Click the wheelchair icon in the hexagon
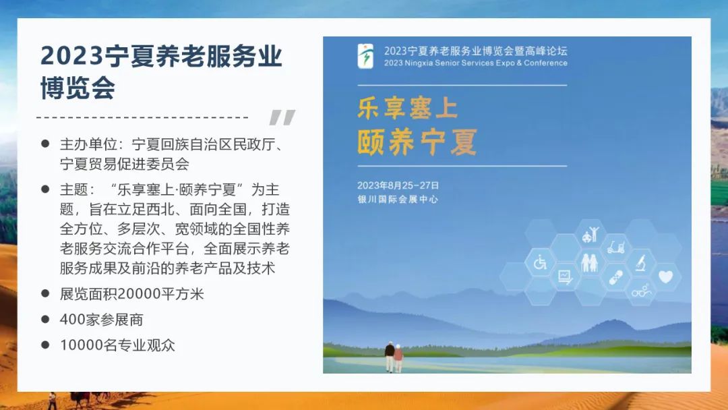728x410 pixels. click(540, 263)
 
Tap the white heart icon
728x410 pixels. click(666, 276)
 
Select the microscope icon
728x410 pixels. click(641, 263)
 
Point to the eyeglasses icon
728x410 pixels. click(641, 291)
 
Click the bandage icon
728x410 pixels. click(615, 277)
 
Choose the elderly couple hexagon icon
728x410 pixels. click(590, 263)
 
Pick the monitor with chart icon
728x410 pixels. click(565, 277)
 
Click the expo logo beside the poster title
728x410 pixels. click(365, 56)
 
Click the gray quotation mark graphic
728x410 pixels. click(282, 117)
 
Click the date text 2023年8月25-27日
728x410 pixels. click(398, 185)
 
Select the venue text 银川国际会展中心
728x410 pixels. click(398, 199)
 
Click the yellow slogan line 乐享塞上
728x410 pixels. click(408, 108)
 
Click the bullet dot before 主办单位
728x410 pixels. click(45, 144)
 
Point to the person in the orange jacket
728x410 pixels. click(398, 358)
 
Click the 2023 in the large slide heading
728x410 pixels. click(71, 56)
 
